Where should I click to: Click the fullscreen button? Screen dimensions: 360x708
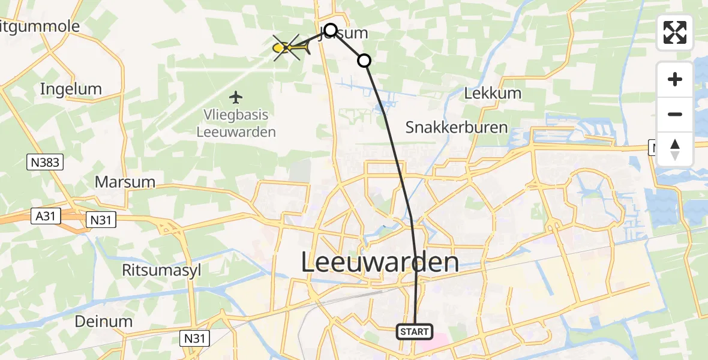(x=675, y=32)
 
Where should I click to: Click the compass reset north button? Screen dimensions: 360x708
(x=675, y=149)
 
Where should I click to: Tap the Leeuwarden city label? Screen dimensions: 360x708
(x=379, y=263)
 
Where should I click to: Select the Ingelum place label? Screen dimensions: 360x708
(x=71, y=89)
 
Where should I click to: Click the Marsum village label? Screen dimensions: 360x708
(x=125, y=181)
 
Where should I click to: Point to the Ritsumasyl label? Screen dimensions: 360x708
(x=161, y=270)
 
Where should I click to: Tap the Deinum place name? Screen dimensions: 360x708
(x=104, y=321)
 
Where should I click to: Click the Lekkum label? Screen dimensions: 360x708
(x=493, y=94)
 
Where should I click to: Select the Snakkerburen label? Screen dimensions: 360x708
(x=457, y=127)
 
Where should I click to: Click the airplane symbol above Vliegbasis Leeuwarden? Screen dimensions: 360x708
(x=236, y=96)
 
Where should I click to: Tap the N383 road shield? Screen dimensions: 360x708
(x=45, y=161)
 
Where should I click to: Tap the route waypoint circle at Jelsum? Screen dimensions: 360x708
(x=331, y=29)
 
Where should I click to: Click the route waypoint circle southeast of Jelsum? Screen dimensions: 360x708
(x=364, y=61)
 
